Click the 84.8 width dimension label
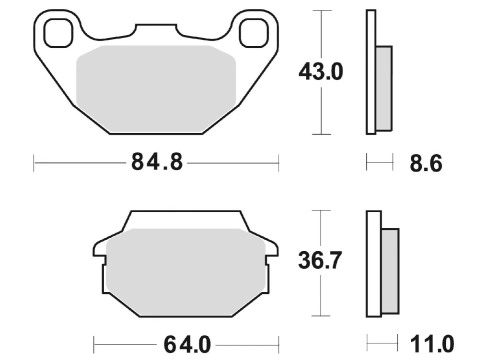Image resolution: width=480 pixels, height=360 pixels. tap(157, 161)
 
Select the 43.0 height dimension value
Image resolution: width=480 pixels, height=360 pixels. tap(321, 72)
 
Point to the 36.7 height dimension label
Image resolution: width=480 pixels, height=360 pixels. tap(320, 260)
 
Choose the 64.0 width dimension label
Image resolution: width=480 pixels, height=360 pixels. tap(187, 344)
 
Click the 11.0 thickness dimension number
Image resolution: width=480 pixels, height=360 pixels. tap(432, 344)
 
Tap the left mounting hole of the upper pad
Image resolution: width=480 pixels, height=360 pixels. tap(58, 33)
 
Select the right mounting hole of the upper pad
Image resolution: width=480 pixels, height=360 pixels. tap(254, 33)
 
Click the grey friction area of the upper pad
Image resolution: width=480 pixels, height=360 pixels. tap(156, 89)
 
